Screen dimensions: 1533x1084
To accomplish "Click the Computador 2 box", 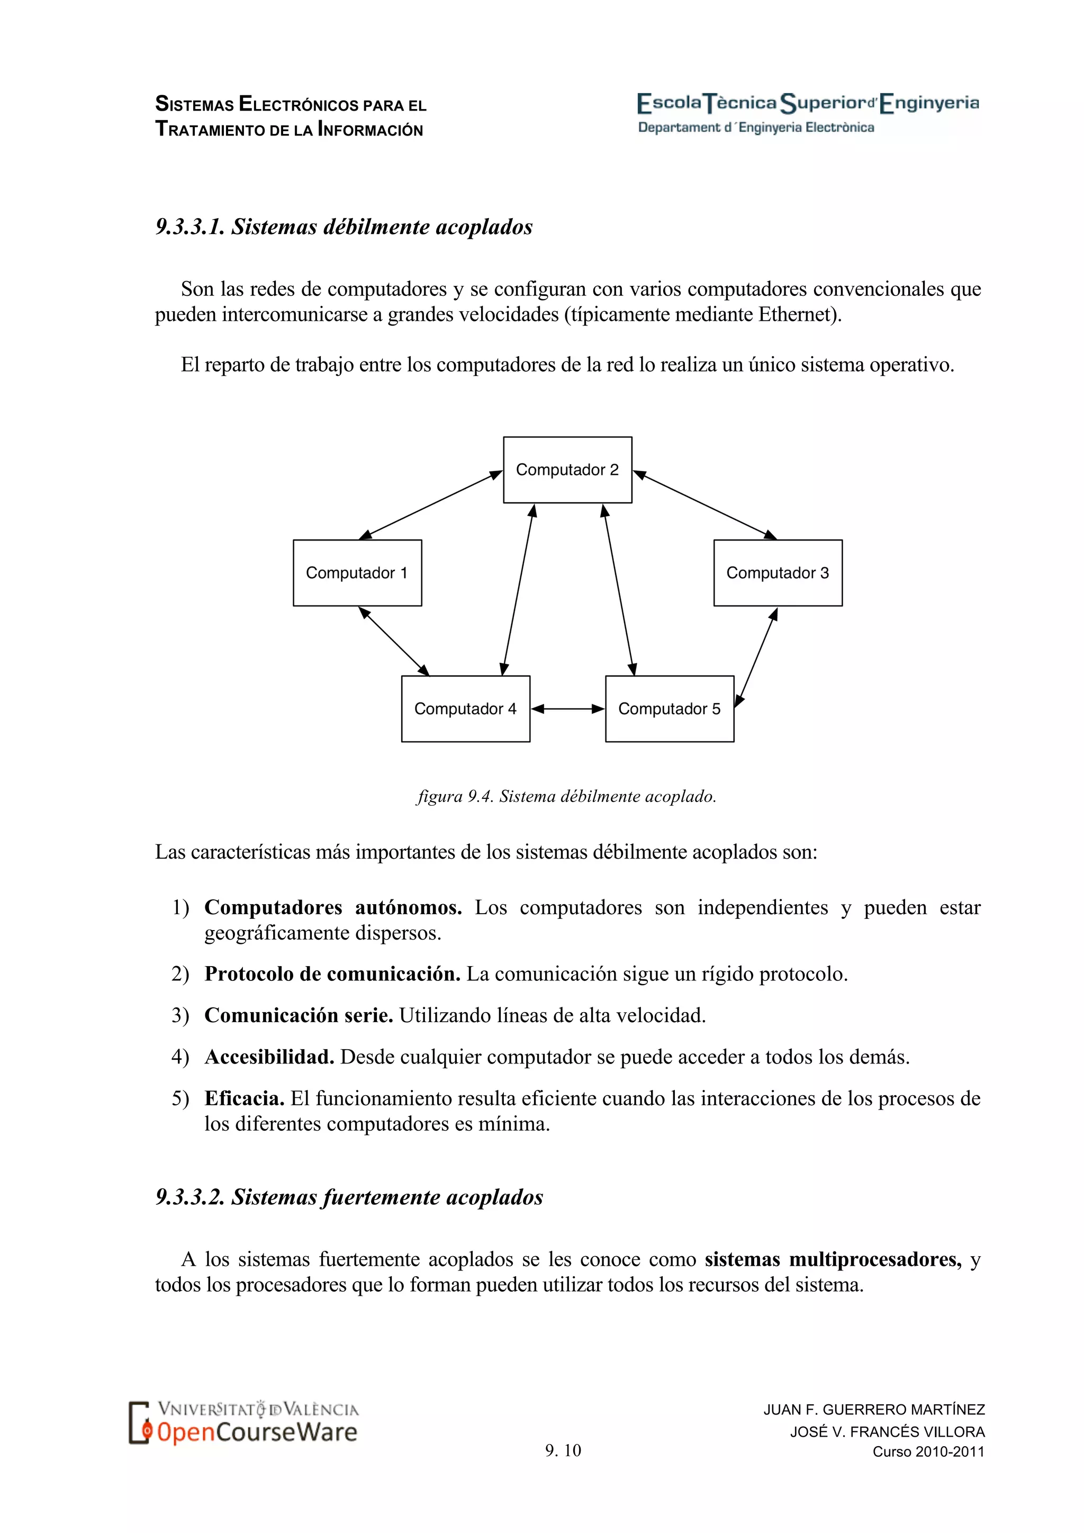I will tap(567, 470).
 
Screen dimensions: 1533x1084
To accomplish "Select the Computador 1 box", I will tap(357, 573).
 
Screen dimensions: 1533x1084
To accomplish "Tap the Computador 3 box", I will tap(778, 573).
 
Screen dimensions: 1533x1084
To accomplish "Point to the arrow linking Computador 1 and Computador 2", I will tap(430, 505).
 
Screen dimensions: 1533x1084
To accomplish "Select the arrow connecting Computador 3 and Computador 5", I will tap(756, 657).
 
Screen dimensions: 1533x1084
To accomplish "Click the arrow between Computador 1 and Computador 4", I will tap(394, 641).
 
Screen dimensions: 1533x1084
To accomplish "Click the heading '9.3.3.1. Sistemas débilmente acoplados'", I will tap(344, 227).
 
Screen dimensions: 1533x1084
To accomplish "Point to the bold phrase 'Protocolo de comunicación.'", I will tap(332, 974).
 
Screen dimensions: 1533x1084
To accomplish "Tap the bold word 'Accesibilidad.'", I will tap(269, 1057).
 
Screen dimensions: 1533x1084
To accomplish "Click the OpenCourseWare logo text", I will tap(257, 1431).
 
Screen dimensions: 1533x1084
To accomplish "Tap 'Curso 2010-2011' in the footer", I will tap(928, 1451).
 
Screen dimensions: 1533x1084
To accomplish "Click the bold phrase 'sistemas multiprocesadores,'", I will tap(833, 1260).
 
